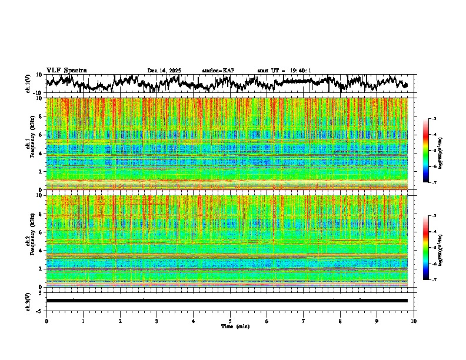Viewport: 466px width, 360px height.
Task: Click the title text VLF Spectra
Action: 66,70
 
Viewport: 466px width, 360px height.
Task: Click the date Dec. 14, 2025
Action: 164,71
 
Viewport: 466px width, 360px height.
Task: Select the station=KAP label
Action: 218,71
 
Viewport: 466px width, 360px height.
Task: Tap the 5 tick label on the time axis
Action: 230,321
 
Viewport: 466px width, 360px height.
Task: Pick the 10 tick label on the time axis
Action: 414,321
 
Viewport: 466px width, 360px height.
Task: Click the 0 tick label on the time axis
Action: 46,321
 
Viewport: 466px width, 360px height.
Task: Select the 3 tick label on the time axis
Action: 157,321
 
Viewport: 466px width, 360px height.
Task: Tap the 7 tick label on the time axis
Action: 304,321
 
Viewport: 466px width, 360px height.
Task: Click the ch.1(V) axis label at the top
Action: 28,84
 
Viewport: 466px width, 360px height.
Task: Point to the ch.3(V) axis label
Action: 28,301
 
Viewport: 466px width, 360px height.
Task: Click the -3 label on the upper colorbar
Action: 434,119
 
